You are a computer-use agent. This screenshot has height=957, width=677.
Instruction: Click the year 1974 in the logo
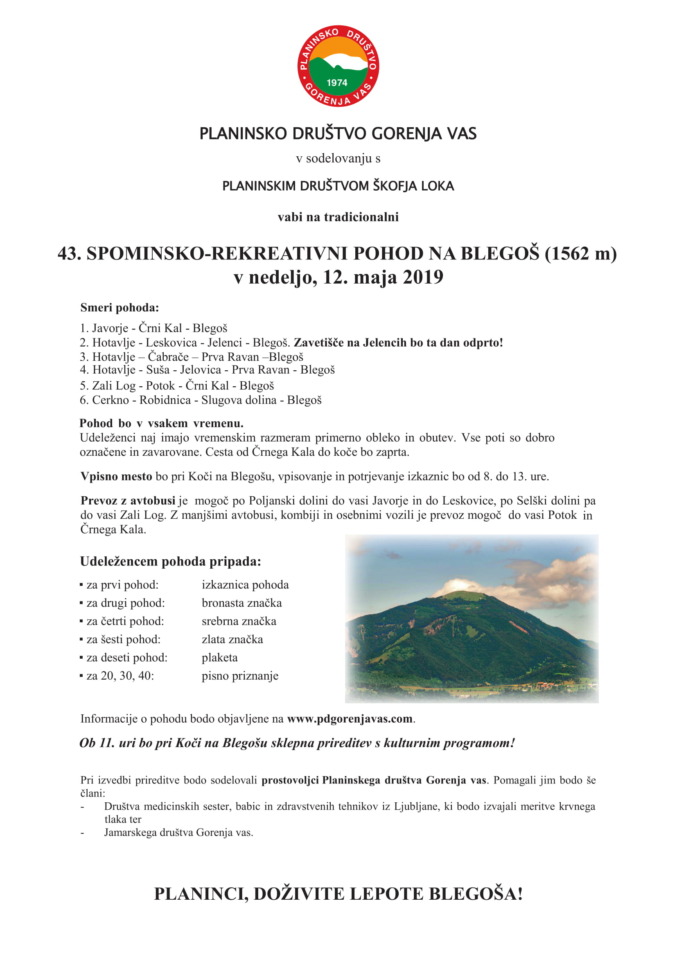(337, 83)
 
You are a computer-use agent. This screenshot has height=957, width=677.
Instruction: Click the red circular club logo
(338, 66)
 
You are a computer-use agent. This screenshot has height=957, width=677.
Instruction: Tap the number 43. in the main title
(69, 253)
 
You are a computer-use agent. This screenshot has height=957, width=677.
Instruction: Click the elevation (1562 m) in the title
(580, 253)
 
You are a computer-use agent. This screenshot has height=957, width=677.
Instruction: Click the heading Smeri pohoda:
(119, 308)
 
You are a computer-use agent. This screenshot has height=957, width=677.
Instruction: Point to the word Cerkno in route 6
(111, 400)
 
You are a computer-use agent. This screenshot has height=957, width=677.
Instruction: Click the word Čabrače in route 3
(168, 357)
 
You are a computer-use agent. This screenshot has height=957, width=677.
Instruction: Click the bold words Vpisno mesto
(116, 476)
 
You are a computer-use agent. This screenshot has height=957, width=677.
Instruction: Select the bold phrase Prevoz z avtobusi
(128, 500)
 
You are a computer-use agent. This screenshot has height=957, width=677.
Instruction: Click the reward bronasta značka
(241, 603)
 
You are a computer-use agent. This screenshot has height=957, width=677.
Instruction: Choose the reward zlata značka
(232, 640)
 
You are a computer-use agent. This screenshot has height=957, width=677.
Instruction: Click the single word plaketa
(219, 658)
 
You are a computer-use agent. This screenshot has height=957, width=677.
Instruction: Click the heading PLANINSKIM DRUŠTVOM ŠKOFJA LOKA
(338, 186)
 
